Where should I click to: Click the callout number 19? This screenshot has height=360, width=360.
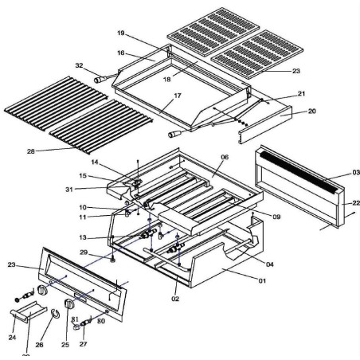[121, 34]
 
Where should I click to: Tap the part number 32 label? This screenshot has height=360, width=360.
[79, 65]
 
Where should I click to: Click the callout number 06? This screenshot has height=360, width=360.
[225, 158]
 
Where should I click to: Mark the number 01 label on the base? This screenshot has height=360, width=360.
[262, 280]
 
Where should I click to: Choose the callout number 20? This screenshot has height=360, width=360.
[289, 112]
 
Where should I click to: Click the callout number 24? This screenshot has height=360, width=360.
[12, 337]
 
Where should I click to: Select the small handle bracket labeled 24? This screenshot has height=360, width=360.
[21, 317]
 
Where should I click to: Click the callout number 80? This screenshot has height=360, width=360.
[101, 322]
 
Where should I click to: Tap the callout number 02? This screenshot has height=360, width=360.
[175, 299]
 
